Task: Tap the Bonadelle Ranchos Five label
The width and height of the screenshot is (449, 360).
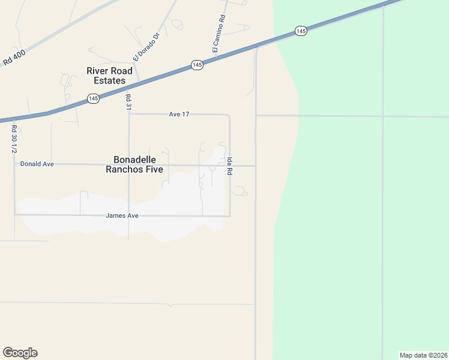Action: (134, 164)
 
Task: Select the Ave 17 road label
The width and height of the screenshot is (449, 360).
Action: (179, 114)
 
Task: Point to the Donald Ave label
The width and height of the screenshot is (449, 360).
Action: (37, 163)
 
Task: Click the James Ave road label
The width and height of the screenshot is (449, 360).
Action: (122, 215)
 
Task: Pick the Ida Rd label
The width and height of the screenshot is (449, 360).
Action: (229, 166)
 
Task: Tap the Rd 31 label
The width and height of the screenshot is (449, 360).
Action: (128, 101)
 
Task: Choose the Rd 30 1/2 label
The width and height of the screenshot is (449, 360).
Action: (14, 139)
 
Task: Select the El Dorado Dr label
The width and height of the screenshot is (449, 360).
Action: (147, 47)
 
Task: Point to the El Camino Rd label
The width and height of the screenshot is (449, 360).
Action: (218, 32)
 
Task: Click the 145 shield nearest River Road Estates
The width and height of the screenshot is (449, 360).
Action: (93, 98)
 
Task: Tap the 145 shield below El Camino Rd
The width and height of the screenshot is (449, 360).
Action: (197, 65)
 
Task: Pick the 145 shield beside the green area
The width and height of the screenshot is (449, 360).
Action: (301, 31)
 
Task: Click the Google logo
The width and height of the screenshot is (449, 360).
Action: (20, 353)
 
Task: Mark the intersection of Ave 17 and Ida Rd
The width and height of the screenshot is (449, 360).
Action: (229, 114)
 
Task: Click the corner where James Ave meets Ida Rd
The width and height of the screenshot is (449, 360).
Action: (229, 215)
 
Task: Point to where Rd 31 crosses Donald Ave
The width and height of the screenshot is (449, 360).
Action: (128, 164)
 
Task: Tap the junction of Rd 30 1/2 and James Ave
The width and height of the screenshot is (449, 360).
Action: (14, 214)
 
